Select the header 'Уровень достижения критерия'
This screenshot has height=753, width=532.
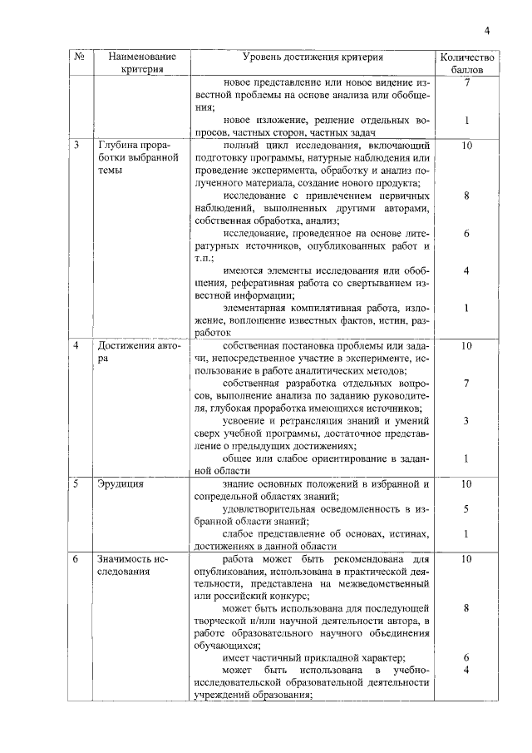point(313,57)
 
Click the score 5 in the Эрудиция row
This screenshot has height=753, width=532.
point(467,508)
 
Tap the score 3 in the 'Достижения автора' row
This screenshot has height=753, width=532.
point(467,421)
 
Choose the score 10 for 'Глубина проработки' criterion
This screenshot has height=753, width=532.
point(467,145)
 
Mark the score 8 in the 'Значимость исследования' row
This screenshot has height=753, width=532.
point(467,608)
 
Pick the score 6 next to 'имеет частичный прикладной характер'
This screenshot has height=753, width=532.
point(467,658)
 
